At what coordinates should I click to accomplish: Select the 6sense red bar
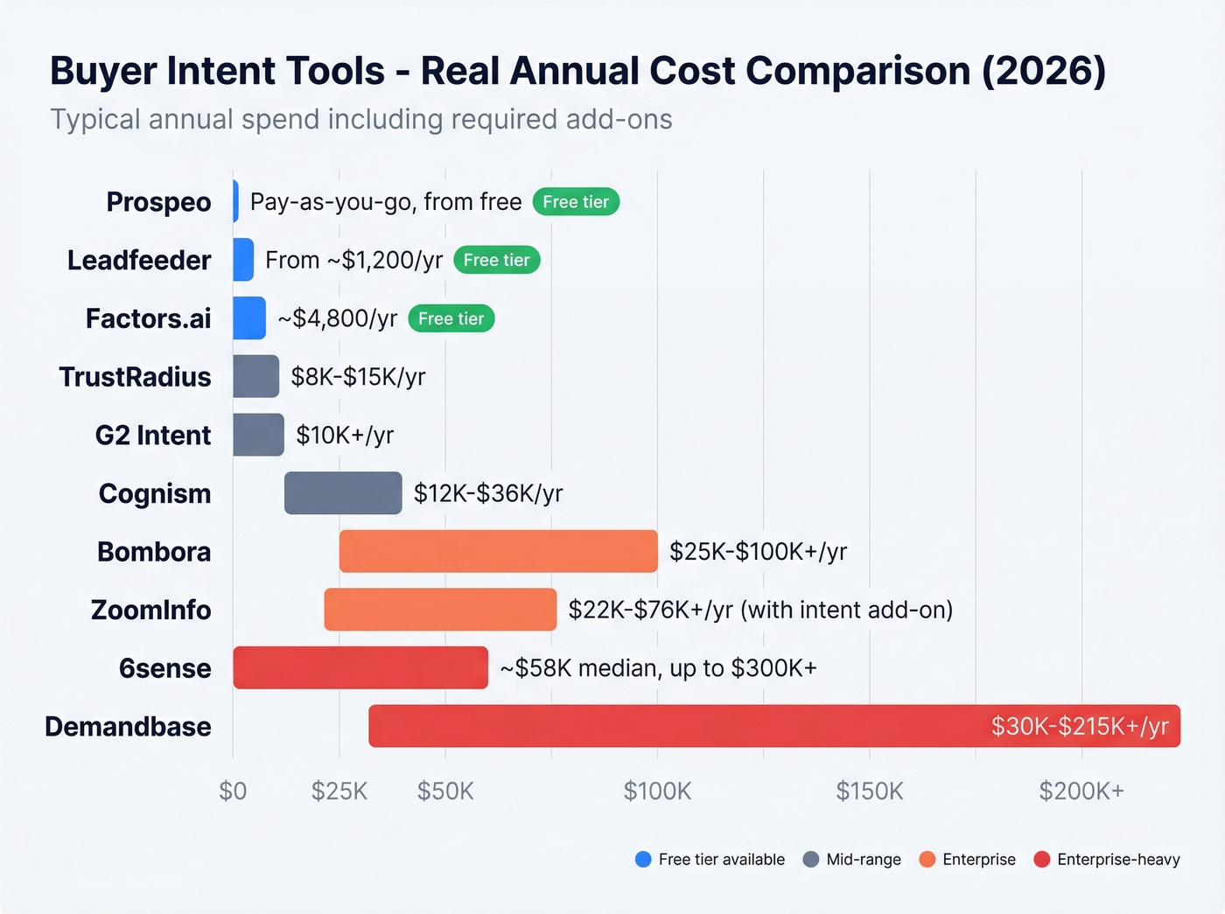point(360,668)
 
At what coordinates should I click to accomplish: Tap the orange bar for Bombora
point(498,551)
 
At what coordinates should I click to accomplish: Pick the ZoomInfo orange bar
point(440,610)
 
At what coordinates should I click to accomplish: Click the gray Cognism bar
point(343,493)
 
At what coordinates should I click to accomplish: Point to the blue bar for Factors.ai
point(249,318)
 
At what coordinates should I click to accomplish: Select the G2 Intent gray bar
point(258,435)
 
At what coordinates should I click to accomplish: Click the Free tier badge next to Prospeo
point(576,202)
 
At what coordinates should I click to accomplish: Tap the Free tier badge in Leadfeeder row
point(496,260)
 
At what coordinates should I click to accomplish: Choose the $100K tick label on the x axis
point(657,792)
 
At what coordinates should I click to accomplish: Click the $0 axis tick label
point(233,792)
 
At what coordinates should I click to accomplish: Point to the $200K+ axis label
point(1081,792)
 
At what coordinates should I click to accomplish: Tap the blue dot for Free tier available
point(643,860)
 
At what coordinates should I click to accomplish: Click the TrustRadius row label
point(135,377)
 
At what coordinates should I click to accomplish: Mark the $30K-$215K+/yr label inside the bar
point(1080,726)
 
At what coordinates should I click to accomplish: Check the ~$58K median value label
point(658,668)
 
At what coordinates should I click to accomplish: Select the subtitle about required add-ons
point(360,119)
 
